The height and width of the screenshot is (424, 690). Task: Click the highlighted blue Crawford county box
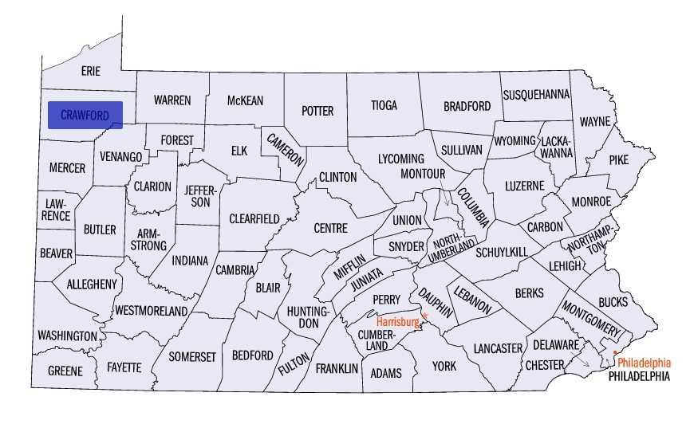point(85,115)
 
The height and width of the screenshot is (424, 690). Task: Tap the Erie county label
point(91,72)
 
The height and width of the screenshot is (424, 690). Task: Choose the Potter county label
point(317,111)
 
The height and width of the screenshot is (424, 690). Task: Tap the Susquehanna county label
point(536,94)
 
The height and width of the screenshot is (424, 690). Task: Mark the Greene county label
point(65,371)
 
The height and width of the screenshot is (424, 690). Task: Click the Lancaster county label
point(497,348)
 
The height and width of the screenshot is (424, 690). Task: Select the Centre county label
point(330,228)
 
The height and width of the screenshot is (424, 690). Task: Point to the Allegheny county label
point(92,284)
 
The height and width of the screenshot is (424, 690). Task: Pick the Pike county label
point(618,159)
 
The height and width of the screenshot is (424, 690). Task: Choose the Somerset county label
point(192,357)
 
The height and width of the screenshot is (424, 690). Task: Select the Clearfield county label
point(254,218)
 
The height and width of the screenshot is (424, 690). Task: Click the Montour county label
point(422,173)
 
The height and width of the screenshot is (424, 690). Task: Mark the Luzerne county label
point(524,186)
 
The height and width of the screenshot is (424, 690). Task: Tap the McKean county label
point(245,100)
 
